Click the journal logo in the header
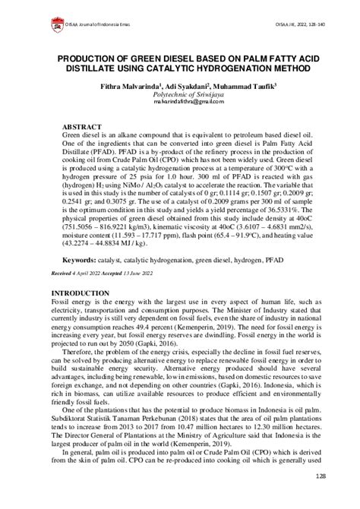tap(57, 24)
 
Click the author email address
tap(179, 101)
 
